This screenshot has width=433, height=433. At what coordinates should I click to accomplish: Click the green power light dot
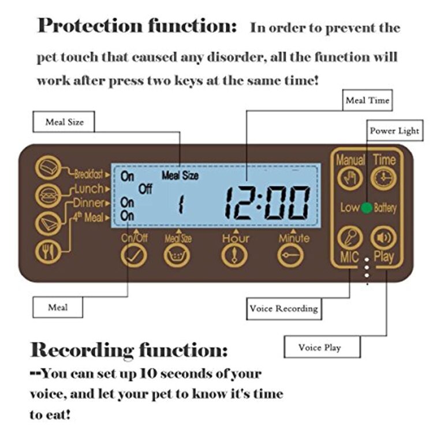click(367, 208)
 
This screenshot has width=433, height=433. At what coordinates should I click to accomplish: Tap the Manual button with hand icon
click(350, 178)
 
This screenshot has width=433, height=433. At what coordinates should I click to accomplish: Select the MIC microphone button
click(350, 238)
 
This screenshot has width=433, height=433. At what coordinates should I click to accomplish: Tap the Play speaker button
click(383, 238)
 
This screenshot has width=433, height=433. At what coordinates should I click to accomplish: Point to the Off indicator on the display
click(145, 189)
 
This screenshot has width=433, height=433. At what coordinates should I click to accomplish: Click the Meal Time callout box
click(367, 101)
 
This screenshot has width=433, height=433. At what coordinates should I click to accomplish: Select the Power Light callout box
click(394, 131)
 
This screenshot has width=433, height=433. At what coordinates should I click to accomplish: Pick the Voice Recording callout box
click(283, 308)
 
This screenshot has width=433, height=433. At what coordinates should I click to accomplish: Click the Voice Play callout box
click(319, 348)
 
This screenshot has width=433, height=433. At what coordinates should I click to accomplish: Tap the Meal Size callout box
click(65, 122)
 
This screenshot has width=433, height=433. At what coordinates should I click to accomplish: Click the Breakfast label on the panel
click(89, 173)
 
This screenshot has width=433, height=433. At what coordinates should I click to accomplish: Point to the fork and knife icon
click(47, 251)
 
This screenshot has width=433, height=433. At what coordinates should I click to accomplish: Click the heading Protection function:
click(137, 26)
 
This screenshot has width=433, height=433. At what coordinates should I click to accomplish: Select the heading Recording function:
click(129, 349)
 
